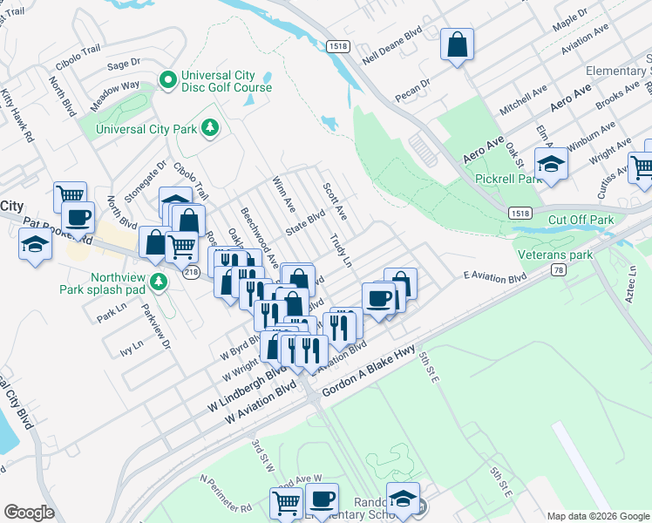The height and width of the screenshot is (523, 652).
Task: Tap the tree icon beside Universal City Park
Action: pyautogui.click(x=209, y=129)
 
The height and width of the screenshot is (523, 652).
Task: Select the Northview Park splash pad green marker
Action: pyautogui.click(x=158, y=281)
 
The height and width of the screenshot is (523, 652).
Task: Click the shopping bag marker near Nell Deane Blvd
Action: pyautogui.click(x=457, y=44)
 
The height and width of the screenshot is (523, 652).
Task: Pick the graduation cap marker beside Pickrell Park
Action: pyautogui.click(x=550, y=165)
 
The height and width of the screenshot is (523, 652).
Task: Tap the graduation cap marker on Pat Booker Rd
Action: pyautogui.click(x=35, y=245)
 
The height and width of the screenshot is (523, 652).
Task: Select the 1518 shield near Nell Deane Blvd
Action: pyautogui.click(x=338, y=45)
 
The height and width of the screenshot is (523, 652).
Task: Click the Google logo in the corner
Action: pyautogui.click(x=29, y=513)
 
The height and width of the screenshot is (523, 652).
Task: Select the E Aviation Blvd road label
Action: pyautogui.click(x=495, y=278)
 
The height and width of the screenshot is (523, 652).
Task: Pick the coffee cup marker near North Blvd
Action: pyautogui.click(x=77, y=218)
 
